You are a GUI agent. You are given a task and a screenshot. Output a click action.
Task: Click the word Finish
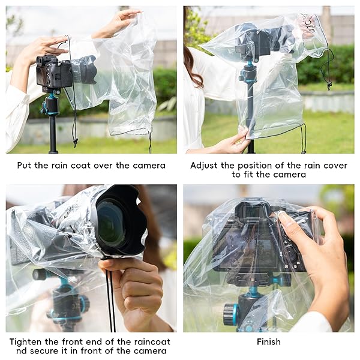point(268,341)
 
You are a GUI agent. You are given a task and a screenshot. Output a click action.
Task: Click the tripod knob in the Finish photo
point(230,314)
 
